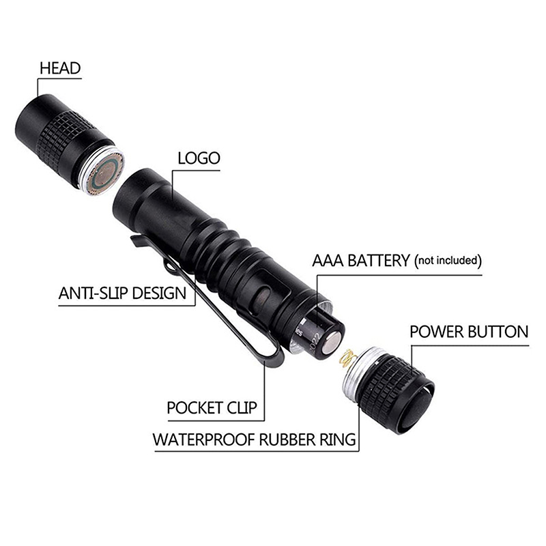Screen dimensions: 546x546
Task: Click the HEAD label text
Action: [60, 68]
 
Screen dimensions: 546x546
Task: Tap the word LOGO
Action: [199, 158]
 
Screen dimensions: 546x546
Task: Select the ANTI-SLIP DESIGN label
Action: [123, 293]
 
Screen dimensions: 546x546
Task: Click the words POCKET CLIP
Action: [212, 407]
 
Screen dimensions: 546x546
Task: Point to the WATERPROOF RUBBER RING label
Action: [254, 440]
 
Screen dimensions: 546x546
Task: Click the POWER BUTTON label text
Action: [469, 332]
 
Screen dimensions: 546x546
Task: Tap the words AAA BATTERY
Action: [361, 261]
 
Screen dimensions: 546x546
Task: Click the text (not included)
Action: [448, 261]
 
